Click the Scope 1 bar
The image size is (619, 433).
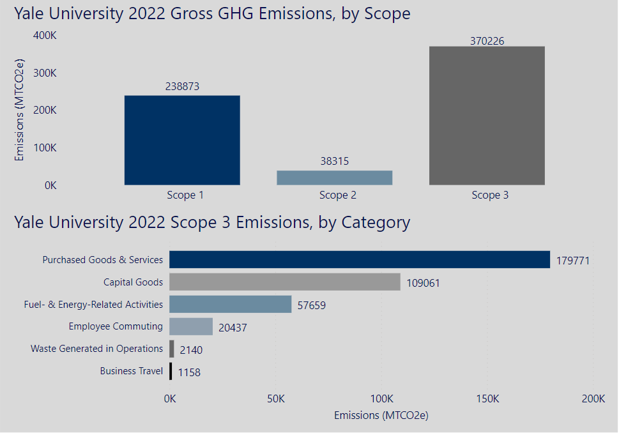(x=182, y=141)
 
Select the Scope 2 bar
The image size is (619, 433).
(x=334, y=178)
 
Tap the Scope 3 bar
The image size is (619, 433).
(x=487, y=116)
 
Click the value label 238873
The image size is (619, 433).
(x=182, y=86)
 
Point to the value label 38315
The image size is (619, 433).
(x=334, y=162)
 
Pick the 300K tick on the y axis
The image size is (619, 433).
(x=45, y=73)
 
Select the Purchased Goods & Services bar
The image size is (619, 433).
(x=359, y=259)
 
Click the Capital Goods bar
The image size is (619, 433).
(x=284, y=282)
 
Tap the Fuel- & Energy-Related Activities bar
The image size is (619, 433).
(x=230, y=304)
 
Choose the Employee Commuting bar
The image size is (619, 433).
(x=190, y=326)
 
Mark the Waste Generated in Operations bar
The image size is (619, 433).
(x=171, y=349)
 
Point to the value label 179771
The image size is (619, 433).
(x=572, y=261)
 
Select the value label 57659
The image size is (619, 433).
(x=312, y=305)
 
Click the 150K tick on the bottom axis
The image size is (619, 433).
(x=487, y=399)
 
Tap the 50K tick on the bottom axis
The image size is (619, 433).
(x=275, y=399)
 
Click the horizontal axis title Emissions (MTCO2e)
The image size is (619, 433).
(x=381, y=416)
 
